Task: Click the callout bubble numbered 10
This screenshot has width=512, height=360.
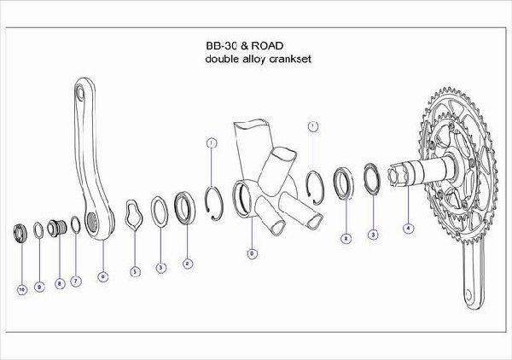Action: coord(20,290)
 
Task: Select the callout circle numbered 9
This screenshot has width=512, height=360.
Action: coord(39,286)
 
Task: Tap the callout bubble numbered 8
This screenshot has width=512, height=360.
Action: coord(59,282)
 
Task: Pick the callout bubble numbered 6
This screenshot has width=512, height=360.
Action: coord(102,276)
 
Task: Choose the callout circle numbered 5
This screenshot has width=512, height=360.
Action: coord(134,271)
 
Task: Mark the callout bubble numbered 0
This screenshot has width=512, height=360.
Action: coord(251,253)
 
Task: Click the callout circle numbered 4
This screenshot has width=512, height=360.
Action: coord(409,228)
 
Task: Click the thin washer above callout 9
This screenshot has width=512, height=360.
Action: coord(39,229)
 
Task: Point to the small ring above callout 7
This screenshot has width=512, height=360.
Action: coord(75,225)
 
